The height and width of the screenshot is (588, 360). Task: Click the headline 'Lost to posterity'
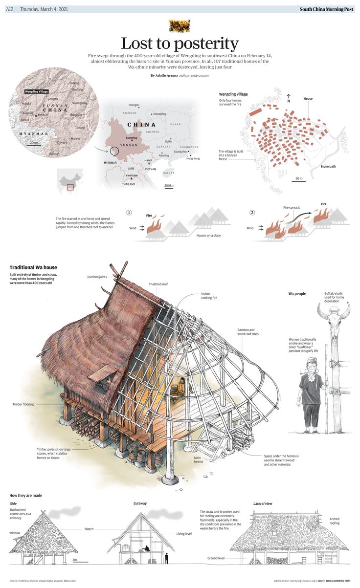(x=180, y=43)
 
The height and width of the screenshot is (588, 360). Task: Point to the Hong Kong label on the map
(x=193, y=158)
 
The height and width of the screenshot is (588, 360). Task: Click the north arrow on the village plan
(x=289, y=97)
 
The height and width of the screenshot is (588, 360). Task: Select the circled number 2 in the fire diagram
(x=252, y=213)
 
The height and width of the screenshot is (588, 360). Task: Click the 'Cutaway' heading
(x=140, y=503)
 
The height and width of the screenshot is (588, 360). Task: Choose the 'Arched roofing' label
(x=335, y=521)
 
